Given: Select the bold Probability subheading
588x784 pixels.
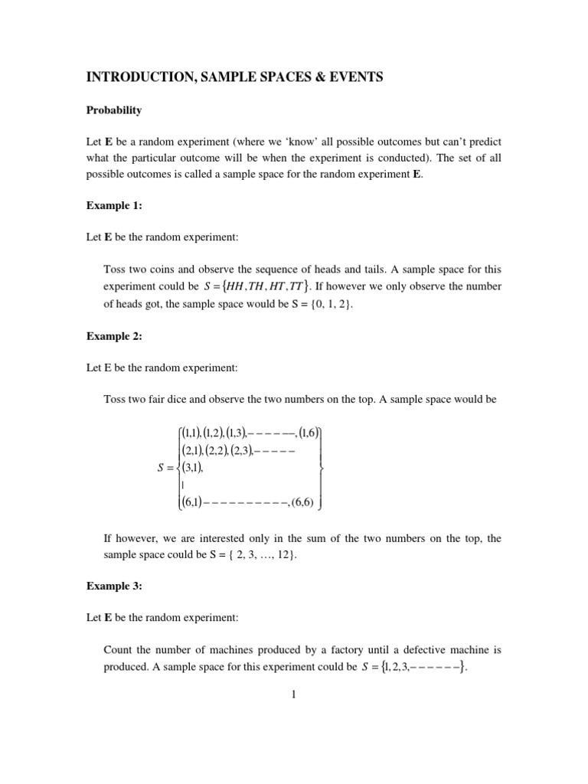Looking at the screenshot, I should pos(114,110).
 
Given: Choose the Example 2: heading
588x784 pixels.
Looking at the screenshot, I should pos(114,336).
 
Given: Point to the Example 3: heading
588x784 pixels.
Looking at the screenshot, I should pos(114,586).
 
